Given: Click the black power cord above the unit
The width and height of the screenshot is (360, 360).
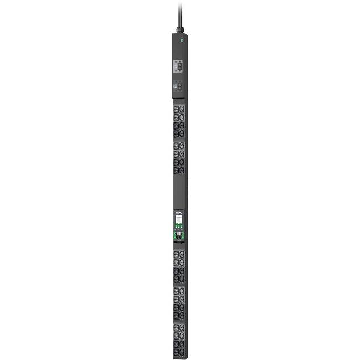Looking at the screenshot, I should click(180, 12).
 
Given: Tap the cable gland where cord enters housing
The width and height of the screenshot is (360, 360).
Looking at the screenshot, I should click(180, 29).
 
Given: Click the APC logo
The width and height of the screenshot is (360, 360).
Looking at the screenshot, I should click(179, 211).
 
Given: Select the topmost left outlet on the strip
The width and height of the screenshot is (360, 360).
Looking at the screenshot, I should click(176, 109).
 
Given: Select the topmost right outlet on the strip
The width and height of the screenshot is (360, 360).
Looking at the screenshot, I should click(182, 109).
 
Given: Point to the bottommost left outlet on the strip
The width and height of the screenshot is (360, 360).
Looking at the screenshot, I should click(176, 352).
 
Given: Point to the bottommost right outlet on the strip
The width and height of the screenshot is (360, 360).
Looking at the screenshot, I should click(182, 352).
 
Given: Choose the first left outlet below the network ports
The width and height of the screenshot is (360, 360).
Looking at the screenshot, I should click(176, 254).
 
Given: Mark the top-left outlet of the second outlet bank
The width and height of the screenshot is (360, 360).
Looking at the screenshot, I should click(176, 146).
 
